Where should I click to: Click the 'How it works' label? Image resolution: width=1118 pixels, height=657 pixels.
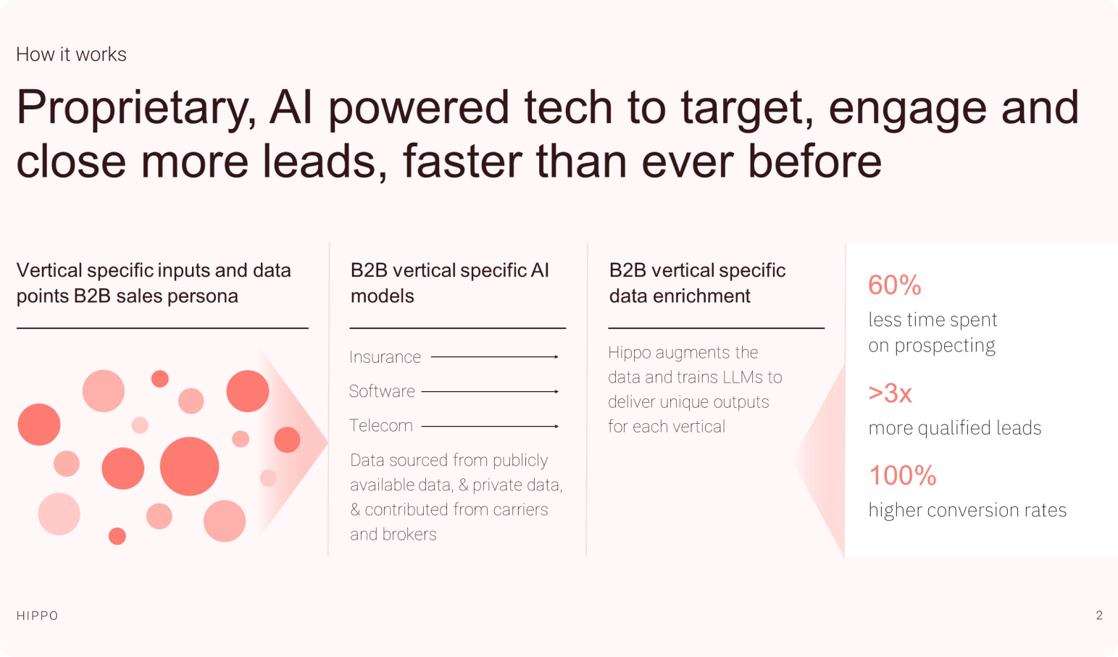pos(72,54)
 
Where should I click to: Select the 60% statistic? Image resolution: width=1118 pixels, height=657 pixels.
pos(894,285)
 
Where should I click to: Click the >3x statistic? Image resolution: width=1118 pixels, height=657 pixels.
pos(890,393)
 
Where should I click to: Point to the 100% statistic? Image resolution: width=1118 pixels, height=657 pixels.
pos(902,475)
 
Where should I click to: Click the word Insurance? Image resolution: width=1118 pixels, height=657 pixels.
pos(385,357)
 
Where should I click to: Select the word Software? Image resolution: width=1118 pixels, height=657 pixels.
pos(382,391)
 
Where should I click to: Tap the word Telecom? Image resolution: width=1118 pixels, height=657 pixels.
pos(381,425)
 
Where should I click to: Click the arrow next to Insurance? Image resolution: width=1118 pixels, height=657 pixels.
pos(495,356)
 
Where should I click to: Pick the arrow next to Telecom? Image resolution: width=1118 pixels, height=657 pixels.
pos(490,426)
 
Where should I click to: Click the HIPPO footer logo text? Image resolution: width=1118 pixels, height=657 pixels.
pos(38,616)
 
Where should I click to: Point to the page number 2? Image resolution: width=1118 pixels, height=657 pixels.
pos(1099,615)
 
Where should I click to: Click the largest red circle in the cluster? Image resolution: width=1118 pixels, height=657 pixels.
pos(189,466)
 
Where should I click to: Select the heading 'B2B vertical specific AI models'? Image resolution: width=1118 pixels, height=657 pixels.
pos(450,283)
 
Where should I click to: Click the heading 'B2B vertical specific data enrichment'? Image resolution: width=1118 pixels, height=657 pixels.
pos(697,283)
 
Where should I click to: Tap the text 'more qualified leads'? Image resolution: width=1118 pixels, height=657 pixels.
pos(955,428)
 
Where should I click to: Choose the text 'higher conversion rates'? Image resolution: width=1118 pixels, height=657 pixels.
pos(967,511)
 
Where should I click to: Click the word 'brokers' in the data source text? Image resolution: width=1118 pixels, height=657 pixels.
pos(409,535)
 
